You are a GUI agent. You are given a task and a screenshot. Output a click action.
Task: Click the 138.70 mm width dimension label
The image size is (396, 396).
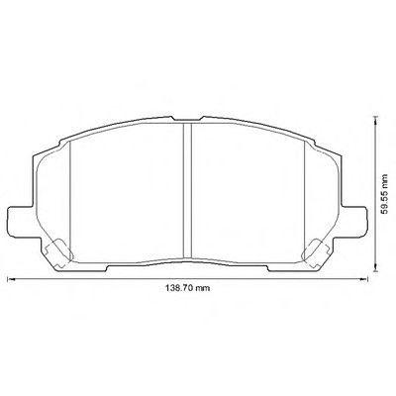pyautogui.click(x=187, y=288)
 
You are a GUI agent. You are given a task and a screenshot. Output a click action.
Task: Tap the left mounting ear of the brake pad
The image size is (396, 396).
pyautogui.click(x=21, y=221)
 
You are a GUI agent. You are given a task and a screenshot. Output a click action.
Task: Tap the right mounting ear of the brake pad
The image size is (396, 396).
pyautogui.click(x=353, y=221)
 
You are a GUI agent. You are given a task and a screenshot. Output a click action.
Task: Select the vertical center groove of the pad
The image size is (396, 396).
pyautogui.click(x=187, y=190)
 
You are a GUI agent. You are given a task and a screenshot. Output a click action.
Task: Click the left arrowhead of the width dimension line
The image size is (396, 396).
pyautogui.click(x=12, y=279)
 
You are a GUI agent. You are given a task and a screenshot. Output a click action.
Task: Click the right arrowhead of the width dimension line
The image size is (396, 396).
pyautogui.click(x=363, y=279)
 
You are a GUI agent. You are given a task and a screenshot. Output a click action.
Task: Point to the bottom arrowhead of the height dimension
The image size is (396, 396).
pyautogui.click(x=375, y=267)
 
